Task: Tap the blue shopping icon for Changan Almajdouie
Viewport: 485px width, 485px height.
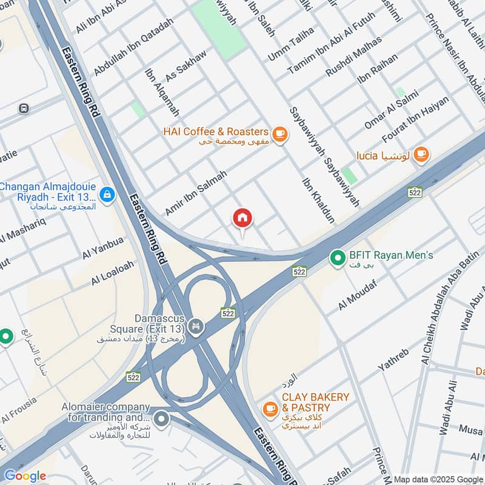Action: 107,195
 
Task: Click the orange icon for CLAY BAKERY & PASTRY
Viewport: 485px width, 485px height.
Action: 271,410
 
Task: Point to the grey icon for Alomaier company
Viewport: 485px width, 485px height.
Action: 161,418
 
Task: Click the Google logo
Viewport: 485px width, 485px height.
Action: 25,476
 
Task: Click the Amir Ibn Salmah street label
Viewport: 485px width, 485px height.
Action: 196,192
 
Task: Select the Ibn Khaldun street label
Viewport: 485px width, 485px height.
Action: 318,199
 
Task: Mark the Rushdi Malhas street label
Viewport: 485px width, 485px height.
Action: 354,56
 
